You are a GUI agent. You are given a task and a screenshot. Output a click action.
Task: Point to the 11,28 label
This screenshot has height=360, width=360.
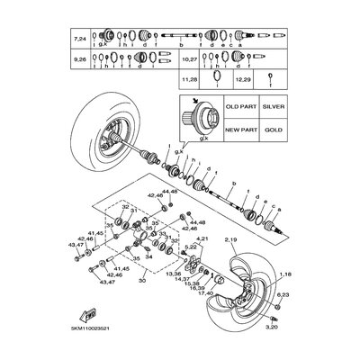[x=188, y=81]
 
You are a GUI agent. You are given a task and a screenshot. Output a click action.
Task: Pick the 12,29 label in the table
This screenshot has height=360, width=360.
[x=244, y=81]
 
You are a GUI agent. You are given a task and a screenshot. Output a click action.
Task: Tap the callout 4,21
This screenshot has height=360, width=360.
[x=202, y=265]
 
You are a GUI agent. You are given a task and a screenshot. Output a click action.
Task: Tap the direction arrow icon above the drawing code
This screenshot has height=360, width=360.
[x=90, y=316]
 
